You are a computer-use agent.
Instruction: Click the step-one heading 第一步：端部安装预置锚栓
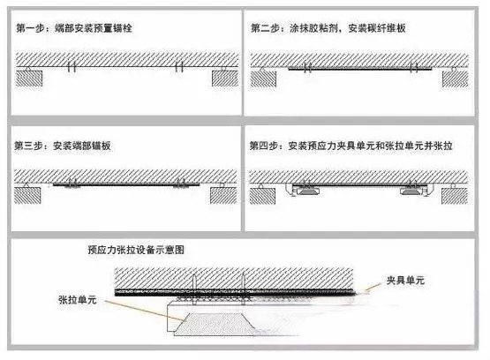click(74, 28)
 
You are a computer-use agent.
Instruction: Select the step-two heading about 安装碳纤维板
click(328, 28)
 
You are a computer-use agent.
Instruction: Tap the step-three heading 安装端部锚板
click(62, 146)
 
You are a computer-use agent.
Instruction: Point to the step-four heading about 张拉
click(351, 146)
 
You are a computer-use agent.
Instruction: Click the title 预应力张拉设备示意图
click(136, 250)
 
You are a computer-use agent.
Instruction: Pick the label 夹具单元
click(405, 280)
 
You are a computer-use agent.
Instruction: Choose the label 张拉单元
click(77, 300)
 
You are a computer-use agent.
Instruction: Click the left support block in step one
click(29, 78)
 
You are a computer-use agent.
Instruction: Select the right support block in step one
click(225, 78)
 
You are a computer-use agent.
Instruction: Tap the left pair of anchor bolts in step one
click(72, 67)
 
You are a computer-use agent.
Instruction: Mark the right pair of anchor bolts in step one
click(179, 67)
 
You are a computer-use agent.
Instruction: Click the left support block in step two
click(263, 79)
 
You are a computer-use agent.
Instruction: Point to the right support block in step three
click(223, 196)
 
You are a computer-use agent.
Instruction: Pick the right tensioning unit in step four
click(412, 191)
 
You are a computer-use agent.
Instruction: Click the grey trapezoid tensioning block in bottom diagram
click(215, 325)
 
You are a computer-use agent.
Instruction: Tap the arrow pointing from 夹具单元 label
click(373, 287)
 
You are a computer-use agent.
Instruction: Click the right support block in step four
click(455, 196)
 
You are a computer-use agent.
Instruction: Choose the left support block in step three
click(27, 196)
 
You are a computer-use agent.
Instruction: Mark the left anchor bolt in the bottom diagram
click(194, 289)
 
